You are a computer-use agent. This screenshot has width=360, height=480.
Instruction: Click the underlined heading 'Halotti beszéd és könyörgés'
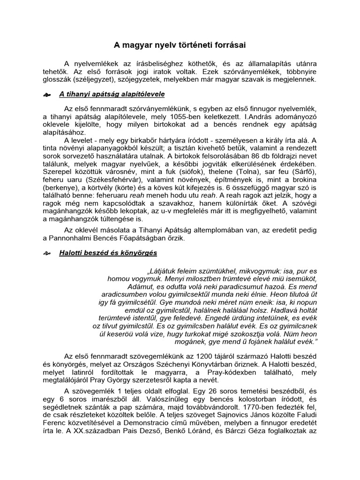(108, 253)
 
